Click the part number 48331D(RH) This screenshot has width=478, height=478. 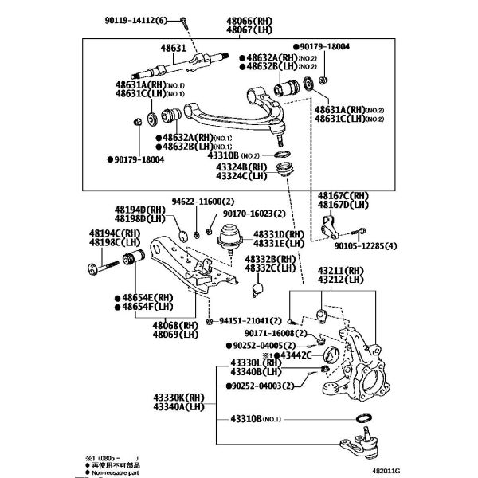click(279, 235)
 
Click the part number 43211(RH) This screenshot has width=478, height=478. click(339, 272)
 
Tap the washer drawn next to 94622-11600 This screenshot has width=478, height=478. click(182, 234)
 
